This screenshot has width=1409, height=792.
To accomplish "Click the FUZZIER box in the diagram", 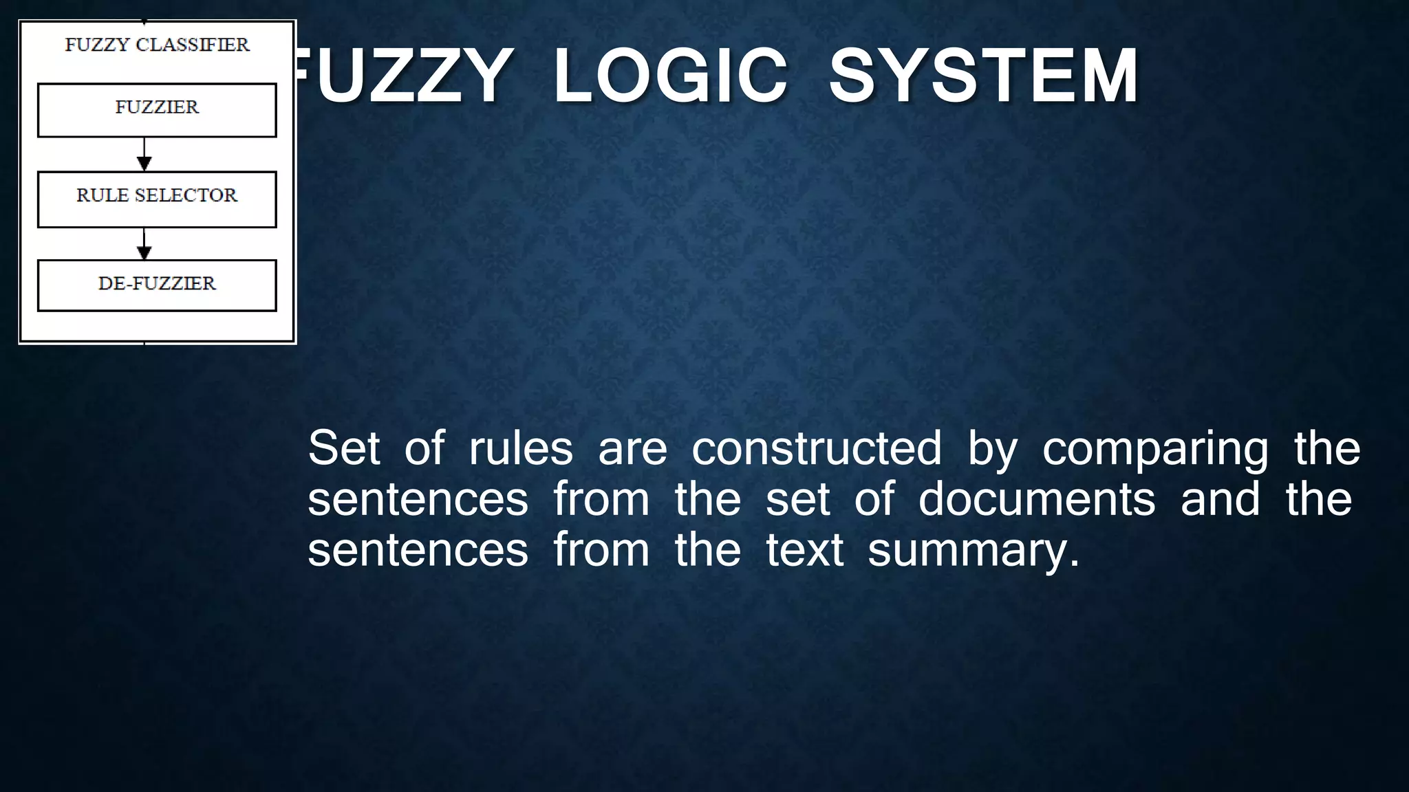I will point(157,110).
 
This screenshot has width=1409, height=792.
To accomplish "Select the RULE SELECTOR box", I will point(157,199).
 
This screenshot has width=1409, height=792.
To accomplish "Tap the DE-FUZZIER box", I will point(157,285).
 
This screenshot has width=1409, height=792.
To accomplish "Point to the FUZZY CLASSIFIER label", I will point(157,45).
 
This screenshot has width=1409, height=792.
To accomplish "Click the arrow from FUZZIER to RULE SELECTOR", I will point(144,155).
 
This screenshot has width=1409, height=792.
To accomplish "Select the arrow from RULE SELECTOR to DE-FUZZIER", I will point(144,244).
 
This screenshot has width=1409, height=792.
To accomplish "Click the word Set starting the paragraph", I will point(343,448).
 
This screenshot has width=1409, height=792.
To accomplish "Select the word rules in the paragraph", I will point(521,448).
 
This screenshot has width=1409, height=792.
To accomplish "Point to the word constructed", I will point(817,448).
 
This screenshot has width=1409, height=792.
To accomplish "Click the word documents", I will point(1037,499).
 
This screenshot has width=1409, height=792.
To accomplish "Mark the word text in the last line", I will point(804,550).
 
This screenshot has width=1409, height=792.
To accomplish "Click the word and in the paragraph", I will point(1220,499).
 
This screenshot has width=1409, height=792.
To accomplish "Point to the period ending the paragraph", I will point(1075,564).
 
